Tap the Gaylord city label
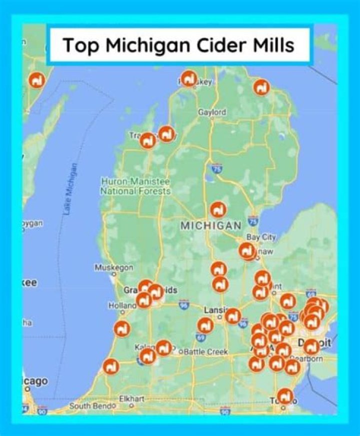pyautogui.click(x=212, y=112)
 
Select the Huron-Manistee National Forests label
pyautogui.click(x=135, y=186)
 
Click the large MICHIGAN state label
pyautogui.click(x=210, y=226)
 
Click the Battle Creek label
pyautogui.click(x=206, y=352)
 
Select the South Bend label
pyautogui.click(x=92, y=406)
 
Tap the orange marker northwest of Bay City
pyautogui.click(x=218, y=209)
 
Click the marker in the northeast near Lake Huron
pyautogui.click(x=261, y=87)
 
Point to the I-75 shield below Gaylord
pyautogui.click(x=216, y=168)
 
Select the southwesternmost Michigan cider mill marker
pyautogui.click(x=111, y=366)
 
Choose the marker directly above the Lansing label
pyautogui.click(x=220, y=285)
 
